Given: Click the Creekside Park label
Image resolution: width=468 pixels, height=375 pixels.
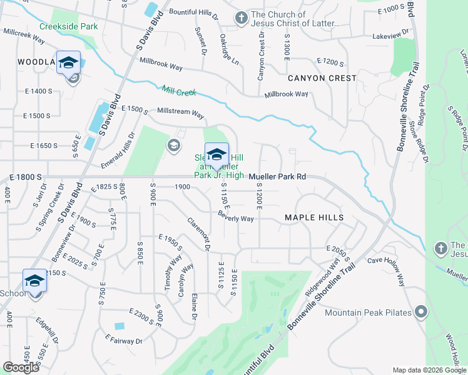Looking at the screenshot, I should (68, 27).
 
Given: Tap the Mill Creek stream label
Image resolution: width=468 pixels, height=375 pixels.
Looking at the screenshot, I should (179, 91).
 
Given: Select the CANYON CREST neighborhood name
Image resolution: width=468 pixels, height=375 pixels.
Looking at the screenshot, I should (322, 78).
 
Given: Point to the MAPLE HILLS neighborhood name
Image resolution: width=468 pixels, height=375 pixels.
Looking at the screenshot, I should (314, 217).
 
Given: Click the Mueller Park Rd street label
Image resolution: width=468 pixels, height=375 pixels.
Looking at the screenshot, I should (277, 177).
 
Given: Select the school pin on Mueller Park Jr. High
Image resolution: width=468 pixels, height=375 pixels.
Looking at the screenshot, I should (216, 154).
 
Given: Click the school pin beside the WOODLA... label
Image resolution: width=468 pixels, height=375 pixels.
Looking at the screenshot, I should (69, 62).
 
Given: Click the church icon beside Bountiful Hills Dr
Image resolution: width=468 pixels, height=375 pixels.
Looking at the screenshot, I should (242, 19).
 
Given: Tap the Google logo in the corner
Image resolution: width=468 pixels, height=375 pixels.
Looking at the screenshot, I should (21, 367).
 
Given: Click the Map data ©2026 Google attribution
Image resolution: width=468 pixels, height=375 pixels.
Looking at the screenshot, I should (429, 370).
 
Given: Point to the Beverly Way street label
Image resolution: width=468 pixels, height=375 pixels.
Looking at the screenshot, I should (235, 218).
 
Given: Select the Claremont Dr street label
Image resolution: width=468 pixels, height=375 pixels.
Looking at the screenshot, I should (198, 234).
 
